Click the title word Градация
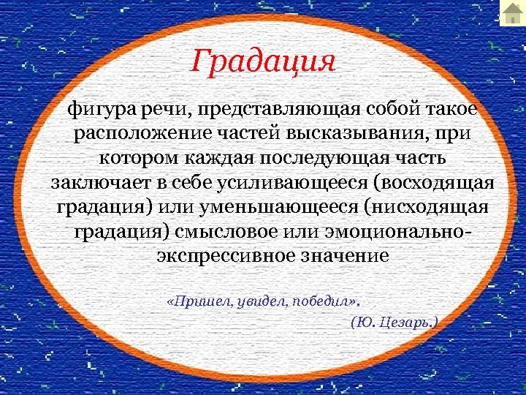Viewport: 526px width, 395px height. click(263, 60)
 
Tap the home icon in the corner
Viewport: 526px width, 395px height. click(512, 12)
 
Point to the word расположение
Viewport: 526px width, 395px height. click(140, 134)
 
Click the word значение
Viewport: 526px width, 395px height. click(348, 256)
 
